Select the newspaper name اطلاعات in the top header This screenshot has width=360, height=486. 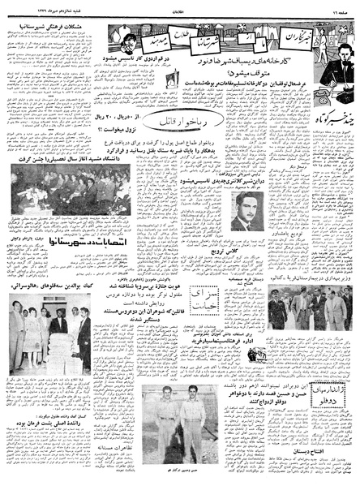[180, 6]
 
